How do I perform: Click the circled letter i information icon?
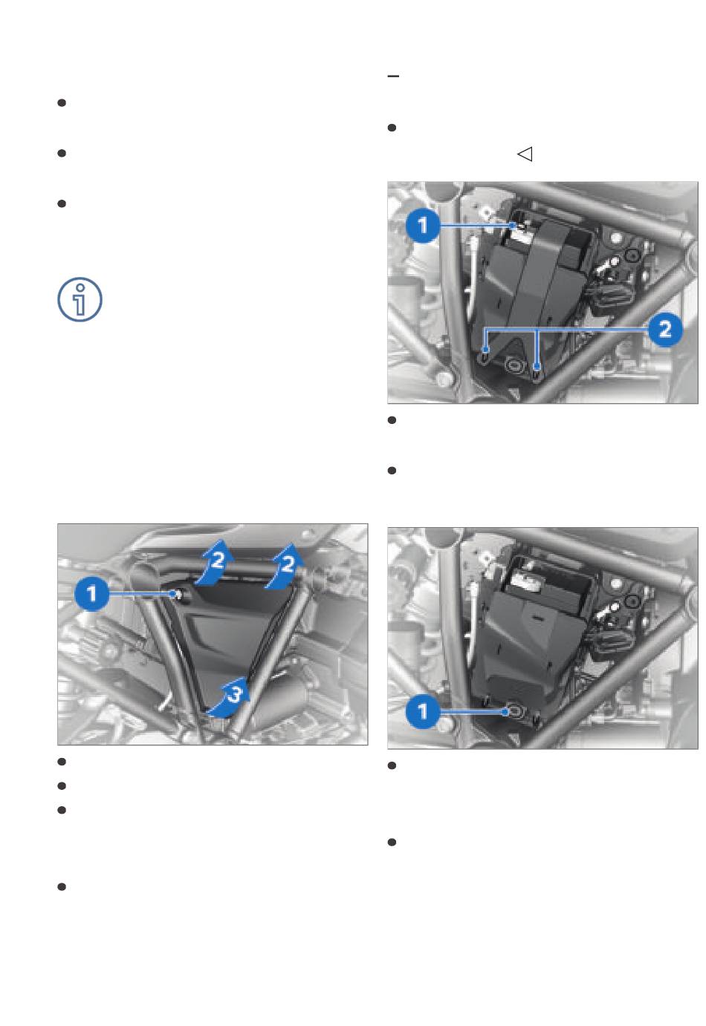coord(80,299)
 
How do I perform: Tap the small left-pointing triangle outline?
coord(525,154)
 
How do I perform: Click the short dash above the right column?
coord(393,76)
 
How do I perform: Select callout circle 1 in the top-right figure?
coord(423,226)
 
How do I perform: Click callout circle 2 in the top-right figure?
coord(664,330)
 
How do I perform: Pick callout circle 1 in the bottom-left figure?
coord(91,594)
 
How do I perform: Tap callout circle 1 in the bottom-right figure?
coord(423,711)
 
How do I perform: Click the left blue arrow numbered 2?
coord(215,563)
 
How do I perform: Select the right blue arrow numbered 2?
coord(285,566)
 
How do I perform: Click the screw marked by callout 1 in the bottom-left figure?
coord(176,594)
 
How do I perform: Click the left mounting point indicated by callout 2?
coord(485,352)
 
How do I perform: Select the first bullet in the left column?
coord(62,102)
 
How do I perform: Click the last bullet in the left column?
coord(62,887)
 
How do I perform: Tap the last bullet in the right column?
coord(392,843)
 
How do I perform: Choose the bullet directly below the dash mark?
coord(392,128)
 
